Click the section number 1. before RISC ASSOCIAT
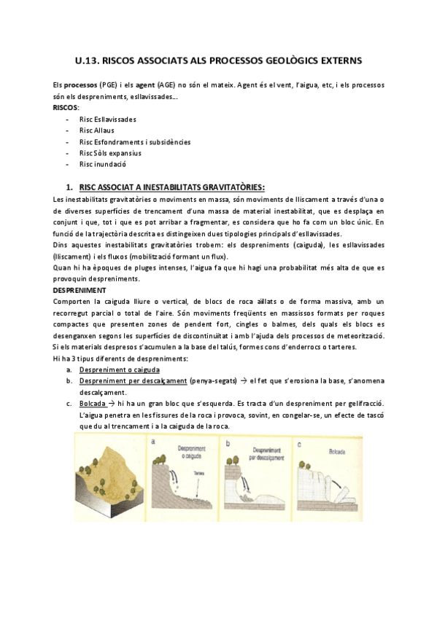69,186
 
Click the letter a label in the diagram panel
153,441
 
